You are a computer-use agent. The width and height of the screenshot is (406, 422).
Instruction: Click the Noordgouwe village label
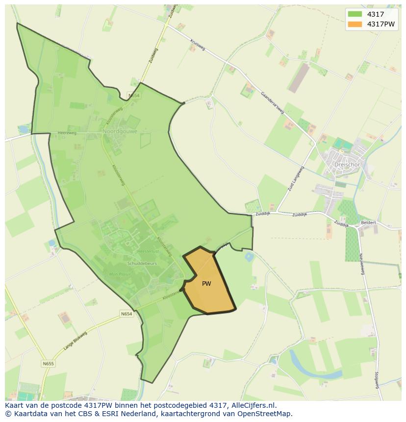pos(120,131)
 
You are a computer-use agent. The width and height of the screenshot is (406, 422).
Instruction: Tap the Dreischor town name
pos(347,165)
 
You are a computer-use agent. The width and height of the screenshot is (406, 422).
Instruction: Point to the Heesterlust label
pos(148,250)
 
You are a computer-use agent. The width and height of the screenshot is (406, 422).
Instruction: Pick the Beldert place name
pos(368,223)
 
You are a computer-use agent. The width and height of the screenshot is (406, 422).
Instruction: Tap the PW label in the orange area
pos(206,284)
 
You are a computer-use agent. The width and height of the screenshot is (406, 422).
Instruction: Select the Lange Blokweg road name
pos(75,340)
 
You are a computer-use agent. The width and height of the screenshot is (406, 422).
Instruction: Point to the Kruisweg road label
pos(197,44)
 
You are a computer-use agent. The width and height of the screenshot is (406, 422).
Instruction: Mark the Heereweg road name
pos(67,133)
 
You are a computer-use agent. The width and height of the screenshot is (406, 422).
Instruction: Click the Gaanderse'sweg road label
pos(272,102)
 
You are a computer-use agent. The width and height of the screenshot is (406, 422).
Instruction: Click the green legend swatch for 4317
pos(355,14)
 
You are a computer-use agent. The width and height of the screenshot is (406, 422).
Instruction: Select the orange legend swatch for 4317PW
pos(355,24)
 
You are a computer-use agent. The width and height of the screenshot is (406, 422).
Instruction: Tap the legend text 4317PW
pos(381,24)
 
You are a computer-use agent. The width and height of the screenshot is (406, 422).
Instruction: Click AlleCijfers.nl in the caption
pos(254,405)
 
